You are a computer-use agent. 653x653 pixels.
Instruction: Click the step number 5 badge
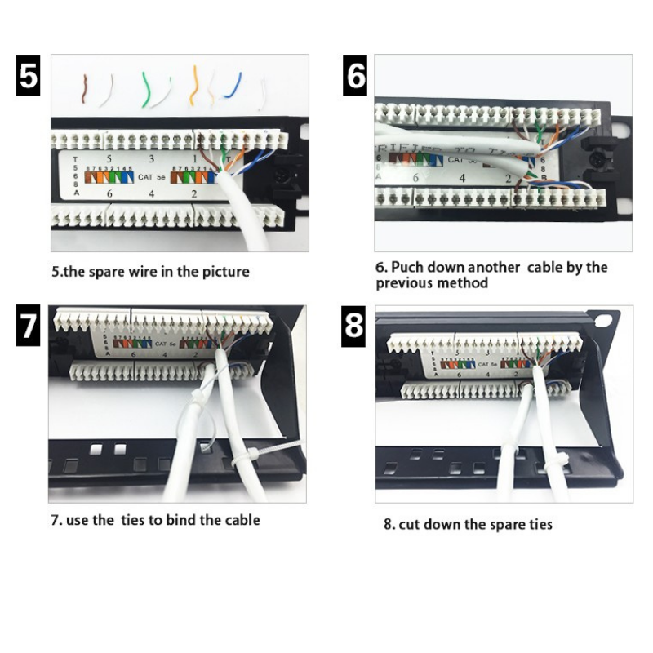click(x=28, y=75)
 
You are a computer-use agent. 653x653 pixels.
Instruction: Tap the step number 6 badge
click(x=355, y=75)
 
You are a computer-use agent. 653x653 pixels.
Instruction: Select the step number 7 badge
click(x=28, y=326)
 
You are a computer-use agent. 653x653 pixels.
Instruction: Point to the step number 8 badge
click(x=355, y=326)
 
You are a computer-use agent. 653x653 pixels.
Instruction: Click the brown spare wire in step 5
click(x=85, y=88)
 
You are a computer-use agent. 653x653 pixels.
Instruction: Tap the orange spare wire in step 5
click(x=194, y=85)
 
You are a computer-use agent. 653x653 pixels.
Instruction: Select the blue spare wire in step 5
click(x=234, y=85)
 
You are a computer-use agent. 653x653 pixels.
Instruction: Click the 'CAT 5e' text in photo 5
click(x=151, y=175)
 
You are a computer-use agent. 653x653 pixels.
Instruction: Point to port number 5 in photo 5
click(x=109, y=158)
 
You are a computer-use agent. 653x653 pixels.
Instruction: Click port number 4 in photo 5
click(x=151, y=194)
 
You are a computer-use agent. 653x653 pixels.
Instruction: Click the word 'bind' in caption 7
click(x=182, y=520)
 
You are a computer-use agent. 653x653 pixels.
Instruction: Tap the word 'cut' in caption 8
click(x=411, y=524)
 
